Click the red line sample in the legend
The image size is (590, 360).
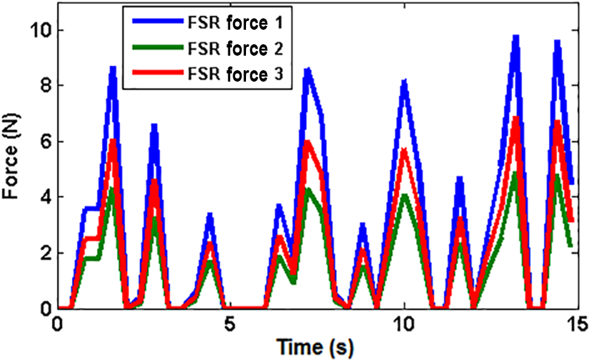click(157, 74)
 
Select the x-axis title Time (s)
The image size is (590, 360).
click(315, 347)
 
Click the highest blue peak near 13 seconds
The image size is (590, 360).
click(516, 38)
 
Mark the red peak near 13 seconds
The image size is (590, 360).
click(516, 118)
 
